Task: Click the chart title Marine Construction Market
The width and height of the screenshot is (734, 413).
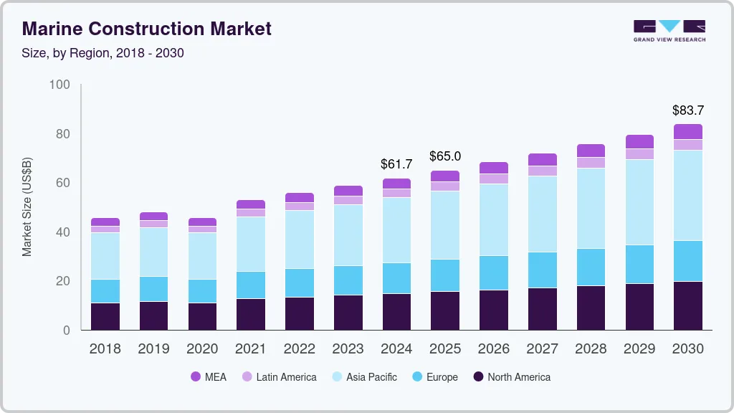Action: tap(147, 29)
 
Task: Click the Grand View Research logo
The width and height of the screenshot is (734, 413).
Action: tap(669, 31)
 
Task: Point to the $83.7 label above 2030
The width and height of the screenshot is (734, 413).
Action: tap(688, 110)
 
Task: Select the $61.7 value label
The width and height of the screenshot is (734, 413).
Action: tap(396, 164)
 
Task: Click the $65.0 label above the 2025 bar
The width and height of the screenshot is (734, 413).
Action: tap(445, 156)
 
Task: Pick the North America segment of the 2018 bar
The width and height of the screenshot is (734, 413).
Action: tap(105, 316)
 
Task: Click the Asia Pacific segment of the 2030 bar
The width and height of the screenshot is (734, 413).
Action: tap(688, 195)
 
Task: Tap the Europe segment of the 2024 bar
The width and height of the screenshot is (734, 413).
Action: tap(396, 278)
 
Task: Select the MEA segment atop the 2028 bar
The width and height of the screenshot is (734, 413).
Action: tap(591, 151)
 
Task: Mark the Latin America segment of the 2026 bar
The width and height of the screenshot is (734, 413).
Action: tap(494, 179)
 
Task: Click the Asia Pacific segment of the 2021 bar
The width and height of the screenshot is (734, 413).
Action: tap(251, 244)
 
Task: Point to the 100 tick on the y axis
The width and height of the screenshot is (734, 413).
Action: tap(59, 85)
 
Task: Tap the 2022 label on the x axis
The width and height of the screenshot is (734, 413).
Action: tap(300, 349)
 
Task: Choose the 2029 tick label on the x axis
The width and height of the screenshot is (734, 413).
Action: tap(639, 349)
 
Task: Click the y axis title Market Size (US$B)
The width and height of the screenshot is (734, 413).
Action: tap(27, 208)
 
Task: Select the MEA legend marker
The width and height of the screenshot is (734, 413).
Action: tap(196, 377)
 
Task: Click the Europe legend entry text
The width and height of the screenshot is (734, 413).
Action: tap(442, 377)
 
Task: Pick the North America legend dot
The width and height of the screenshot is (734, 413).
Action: tap(478, 377)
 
